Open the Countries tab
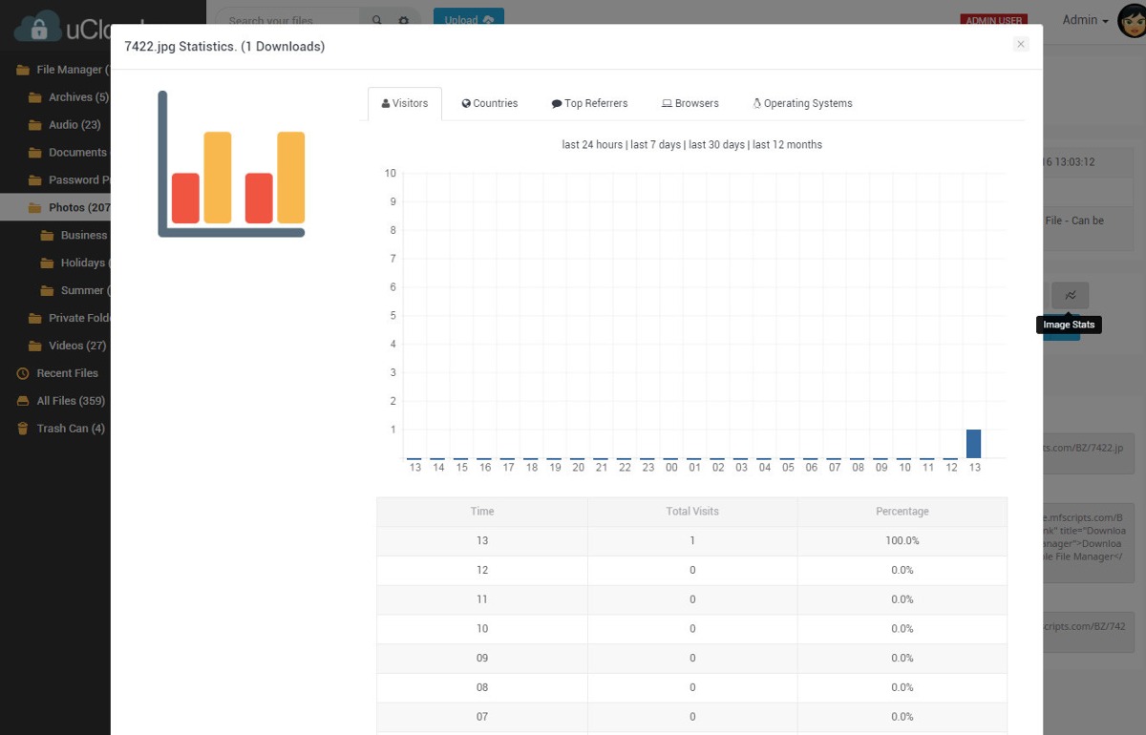pos(490,103)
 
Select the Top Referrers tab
pos(589,103)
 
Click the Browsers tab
pos(690,103)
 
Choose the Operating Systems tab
pos(802,103)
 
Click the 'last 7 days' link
pos(656,145)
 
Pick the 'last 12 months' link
pos(787,145)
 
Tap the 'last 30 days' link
pos(716,145)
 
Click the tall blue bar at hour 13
pos(973,444)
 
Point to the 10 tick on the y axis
pos(390,173)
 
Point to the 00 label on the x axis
pos(671,468)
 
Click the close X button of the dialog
pos(1021,44)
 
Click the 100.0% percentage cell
pos(902,540)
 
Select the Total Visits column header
pos(692,512)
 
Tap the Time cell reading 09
pos(481,658)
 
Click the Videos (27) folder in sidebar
pos(76,346)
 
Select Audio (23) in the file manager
pos(74,124)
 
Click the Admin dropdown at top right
pos(1085,20)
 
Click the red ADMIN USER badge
pos(993,20)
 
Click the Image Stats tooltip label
pos(1069,325)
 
